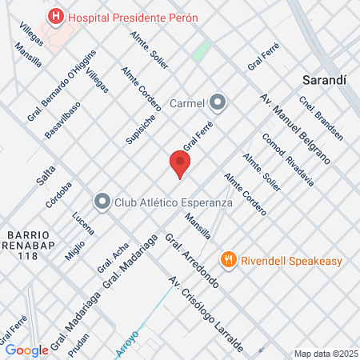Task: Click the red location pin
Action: pyautogui.click(x=180, y=163)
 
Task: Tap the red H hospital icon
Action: pyautogui.click(x=55, y=15)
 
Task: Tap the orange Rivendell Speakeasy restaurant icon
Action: pyautogui.click(x=230, y=258)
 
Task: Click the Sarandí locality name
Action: pyautogui.click(x=326, y=80)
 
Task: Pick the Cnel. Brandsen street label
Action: pyautogui.click(x=320, y=118)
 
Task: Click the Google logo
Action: pyautogui.click(x=27, y=350)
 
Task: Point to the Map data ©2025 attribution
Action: pyautogui.click(x=324, y=354)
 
